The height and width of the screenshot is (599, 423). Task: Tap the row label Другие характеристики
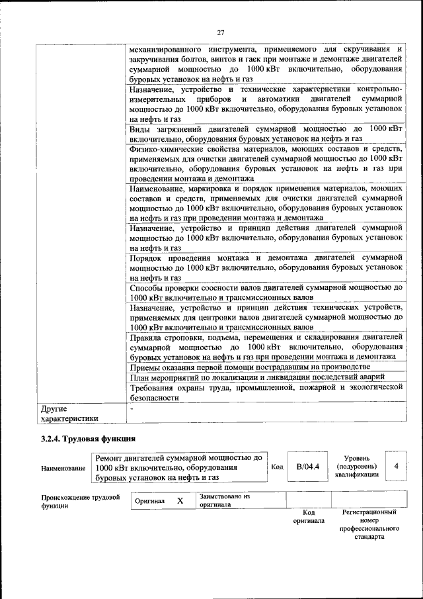(69, 413)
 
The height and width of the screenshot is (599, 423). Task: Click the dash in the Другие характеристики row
(132, 408)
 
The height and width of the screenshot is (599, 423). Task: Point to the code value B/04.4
(307, 467)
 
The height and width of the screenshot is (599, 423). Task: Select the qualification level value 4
(396, 467)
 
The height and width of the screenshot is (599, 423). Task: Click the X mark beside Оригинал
(180, 501)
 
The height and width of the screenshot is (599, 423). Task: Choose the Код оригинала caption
(308, 516)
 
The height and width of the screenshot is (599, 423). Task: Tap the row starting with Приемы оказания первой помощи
(249, 366)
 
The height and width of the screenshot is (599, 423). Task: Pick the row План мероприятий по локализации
(257, 377)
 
